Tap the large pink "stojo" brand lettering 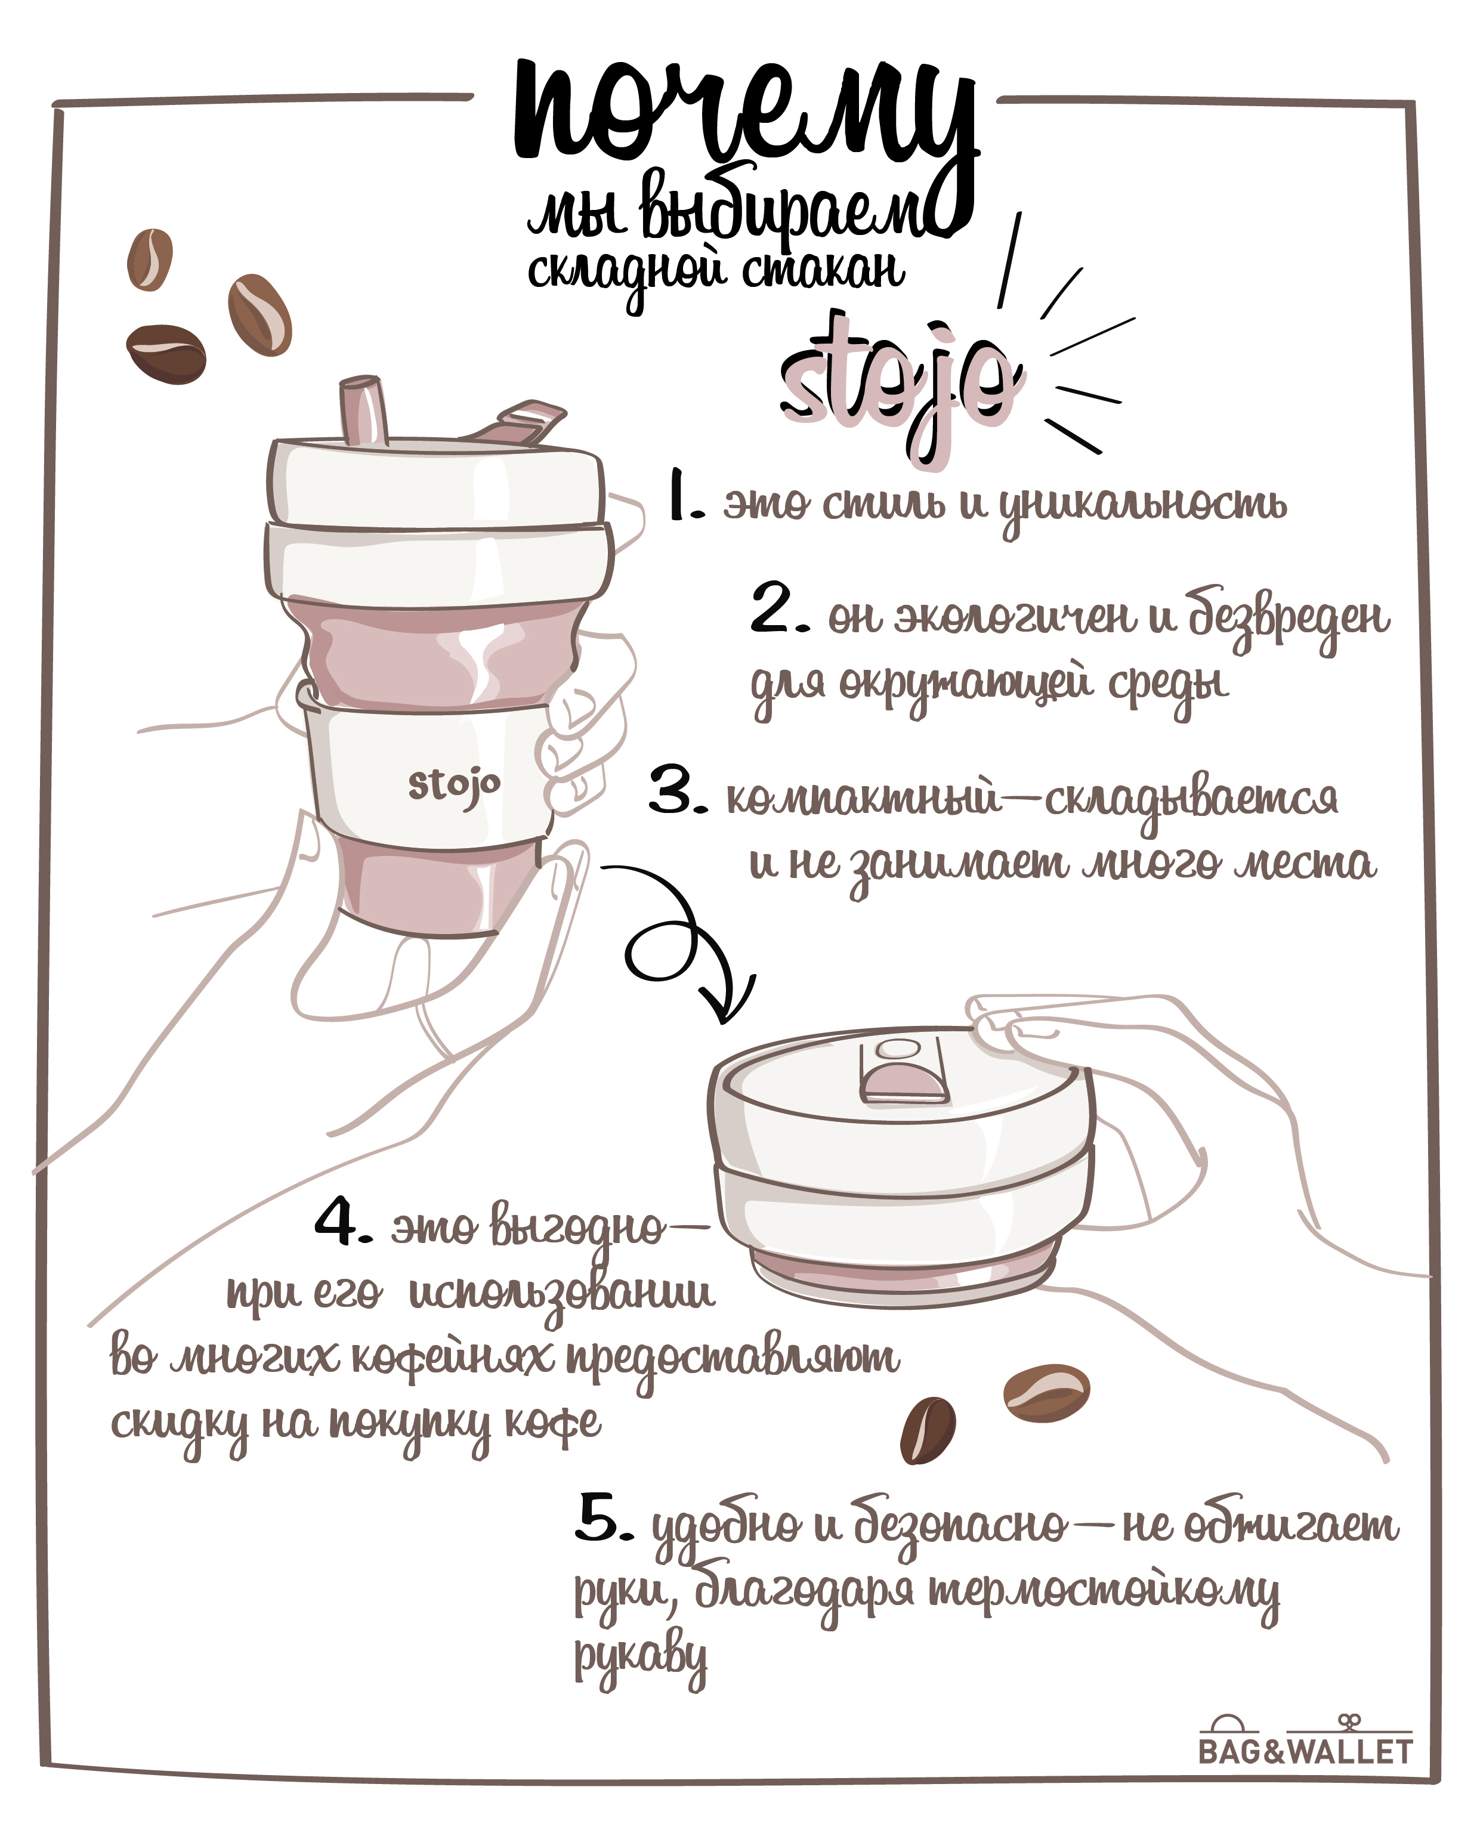(900, 387)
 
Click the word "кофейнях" (452, 1359)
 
